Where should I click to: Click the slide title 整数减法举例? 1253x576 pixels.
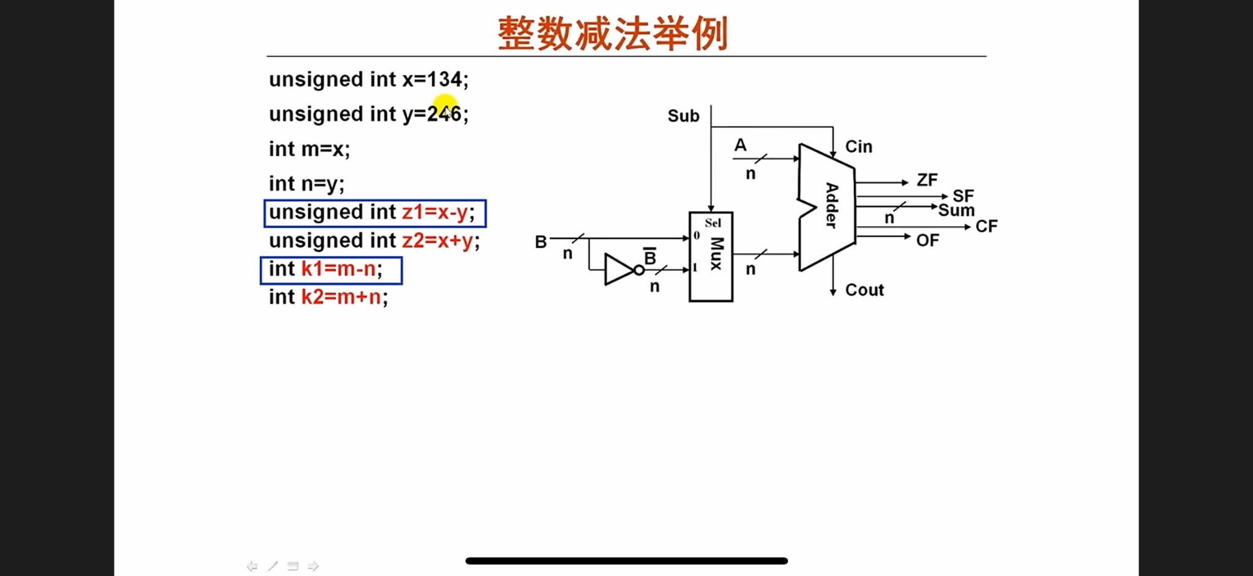pyautogui.click(x=612, y=34)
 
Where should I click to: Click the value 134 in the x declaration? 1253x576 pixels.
pyautogui.click(x=444, y=80)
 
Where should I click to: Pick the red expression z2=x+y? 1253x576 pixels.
pyautogui.click(x=437, y=241)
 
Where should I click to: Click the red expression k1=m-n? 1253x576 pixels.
pyautogui.click(x=338, y=269)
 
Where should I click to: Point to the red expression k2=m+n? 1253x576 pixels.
pyautogui.click(x=341, y=297)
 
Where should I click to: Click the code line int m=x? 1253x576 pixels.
pyautogui.click(x=309, y=149)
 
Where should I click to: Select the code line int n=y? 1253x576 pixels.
pyautogui.click(x=307, y=184)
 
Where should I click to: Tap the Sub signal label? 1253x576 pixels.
pyautogui.click(x=683, y=116)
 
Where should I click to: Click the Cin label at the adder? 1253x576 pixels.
pyautogui.click(x=858, y=147)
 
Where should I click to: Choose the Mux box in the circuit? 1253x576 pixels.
pyautogui.click(x=711, y=257)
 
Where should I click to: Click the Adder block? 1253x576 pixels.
pyautogui.click(x=827, y=206)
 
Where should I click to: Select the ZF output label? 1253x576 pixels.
pyautogui.click(x=927, y=180)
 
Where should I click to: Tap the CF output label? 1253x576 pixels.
pyautogui.click(x=986, y=226)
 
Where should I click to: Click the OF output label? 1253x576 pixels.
pyautogui.click(x=928, y=241)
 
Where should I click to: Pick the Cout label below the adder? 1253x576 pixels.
pyautogui.click(x=864, y=290)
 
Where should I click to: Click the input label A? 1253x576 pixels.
pyautogui.click(x=740, y=145)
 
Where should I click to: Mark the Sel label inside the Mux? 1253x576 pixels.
pyautogui.click(x=713, y=223)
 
